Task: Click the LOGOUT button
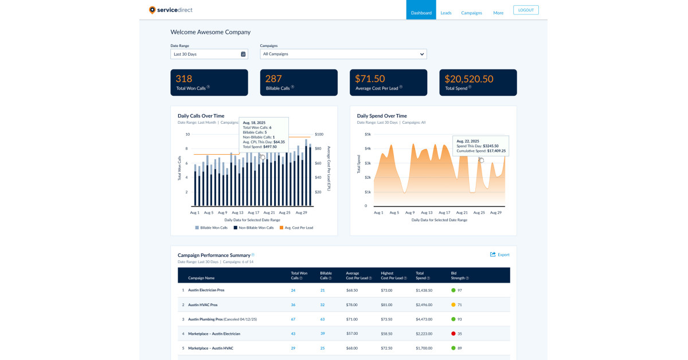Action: click(x=526, y=10)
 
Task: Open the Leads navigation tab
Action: click(x=446, y=13)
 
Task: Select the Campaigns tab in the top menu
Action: click(x=471, y=13)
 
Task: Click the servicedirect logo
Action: click(x=171, y=10)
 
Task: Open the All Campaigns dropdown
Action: click(x=343, y=54)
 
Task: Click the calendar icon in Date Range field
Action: click(x=243, y=54)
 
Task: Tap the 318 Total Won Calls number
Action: click(x=184, y=79)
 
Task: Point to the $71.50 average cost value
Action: click(x=370, y=79)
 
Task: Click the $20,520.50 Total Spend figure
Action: click(x=469, y=79)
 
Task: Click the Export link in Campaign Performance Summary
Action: click(x=499, y=255)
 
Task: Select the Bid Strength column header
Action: click(x=460, y=275)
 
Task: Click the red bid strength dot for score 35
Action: click(x=454, y=334)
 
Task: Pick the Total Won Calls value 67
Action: click(x=293, y=319)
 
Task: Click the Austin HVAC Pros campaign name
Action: click(x=202, y=305)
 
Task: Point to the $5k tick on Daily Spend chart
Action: click(x=368, y=134)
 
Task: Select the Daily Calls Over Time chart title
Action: click(x=201, y=116)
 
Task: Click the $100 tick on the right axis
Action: click(x=319, y=134)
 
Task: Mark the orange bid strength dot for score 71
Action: click(x=454, y=305)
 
